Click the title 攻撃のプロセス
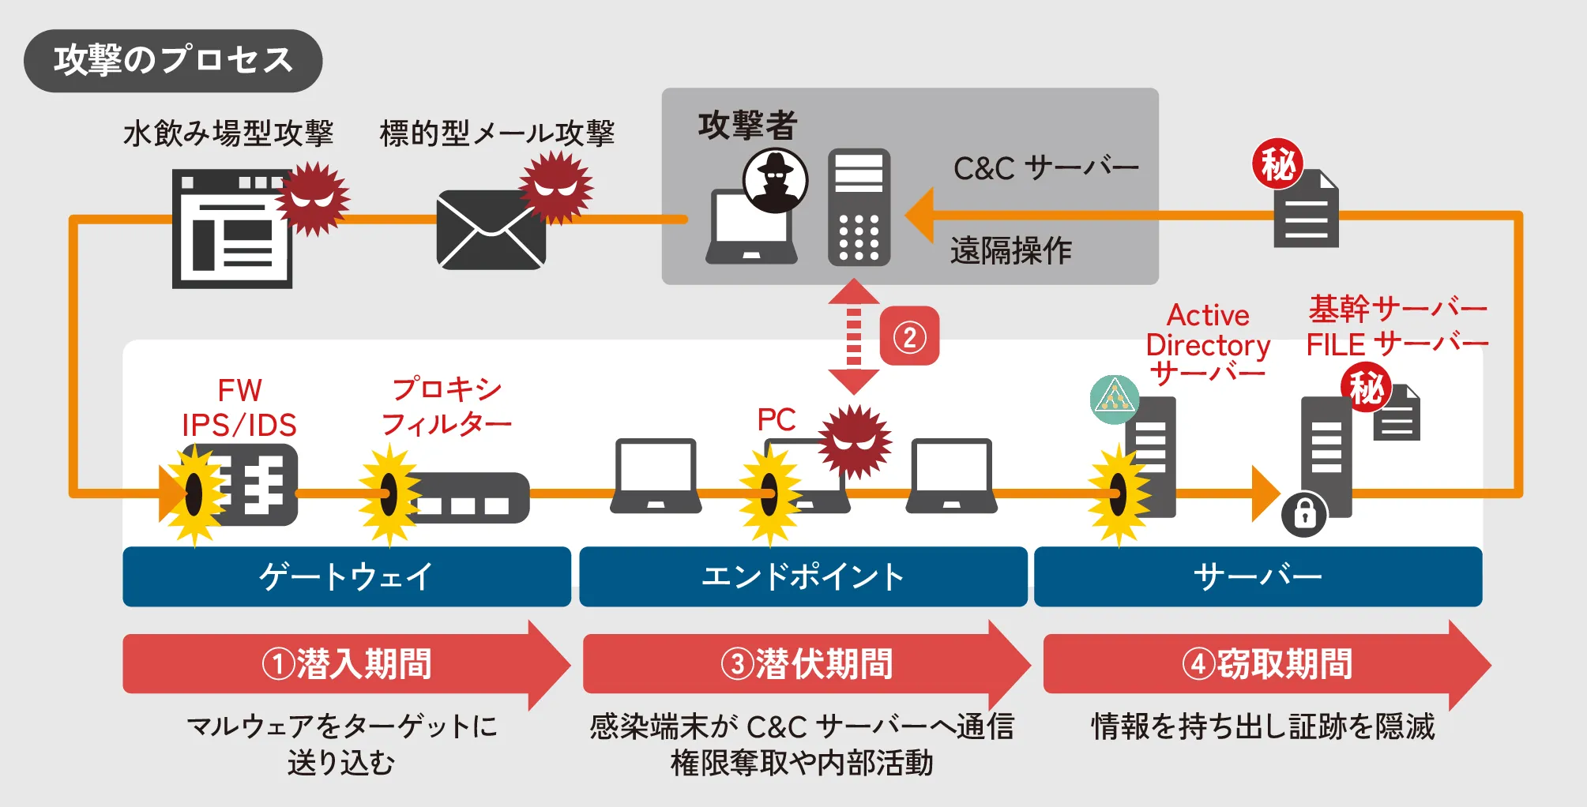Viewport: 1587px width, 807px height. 173,61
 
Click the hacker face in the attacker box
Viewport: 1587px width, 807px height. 775,180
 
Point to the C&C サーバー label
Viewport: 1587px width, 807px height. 1046,168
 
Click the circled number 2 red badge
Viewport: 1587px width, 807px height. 909,336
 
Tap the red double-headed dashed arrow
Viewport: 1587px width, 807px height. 853,336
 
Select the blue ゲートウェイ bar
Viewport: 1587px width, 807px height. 346,576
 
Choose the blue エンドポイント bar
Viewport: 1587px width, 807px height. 803,576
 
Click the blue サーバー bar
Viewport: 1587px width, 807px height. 1258,576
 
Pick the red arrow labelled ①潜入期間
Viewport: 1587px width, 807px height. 346,664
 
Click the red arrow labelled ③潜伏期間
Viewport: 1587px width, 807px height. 806,664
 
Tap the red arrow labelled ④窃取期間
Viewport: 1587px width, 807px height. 1266,664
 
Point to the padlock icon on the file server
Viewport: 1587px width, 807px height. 1303,515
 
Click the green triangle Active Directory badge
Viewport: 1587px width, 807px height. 1114,399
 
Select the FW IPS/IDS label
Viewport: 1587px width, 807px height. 239,407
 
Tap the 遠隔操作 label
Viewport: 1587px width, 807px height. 1010,251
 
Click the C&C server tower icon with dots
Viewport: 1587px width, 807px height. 859,207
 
